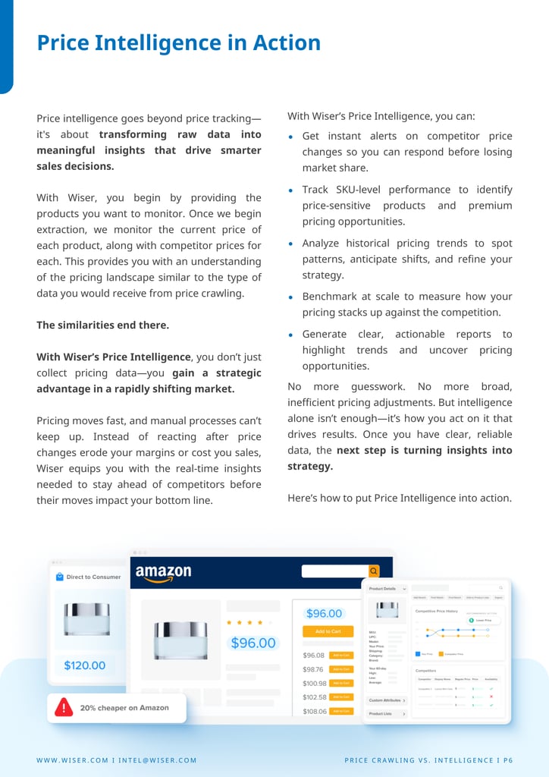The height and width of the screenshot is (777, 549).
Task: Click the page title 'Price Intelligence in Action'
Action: pos(179,43)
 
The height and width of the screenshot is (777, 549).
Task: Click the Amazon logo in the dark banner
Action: pos(163,574)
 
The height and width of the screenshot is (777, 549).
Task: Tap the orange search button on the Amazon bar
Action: pos(374,571)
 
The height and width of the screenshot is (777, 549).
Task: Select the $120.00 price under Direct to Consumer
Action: pos(84,665)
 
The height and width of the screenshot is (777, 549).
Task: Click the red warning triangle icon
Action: pos(64,708)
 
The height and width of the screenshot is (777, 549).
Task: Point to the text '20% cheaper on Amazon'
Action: pos(124,708)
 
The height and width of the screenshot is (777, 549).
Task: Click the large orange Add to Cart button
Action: pos(328,631)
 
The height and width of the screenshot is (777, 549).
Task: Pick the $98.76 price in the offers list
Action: pos(313,669)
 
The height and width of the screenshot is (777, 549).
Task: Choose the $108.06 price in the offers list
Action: pos(314,712)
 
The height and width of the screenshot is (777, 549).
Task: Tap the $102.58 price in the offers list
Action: pos(314,697)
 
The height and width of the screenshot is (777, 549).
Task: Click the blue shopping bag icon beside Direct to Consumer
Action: pos(59,577)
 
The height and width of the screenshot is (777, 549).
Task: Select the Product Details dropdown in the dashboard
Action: pos(387,588)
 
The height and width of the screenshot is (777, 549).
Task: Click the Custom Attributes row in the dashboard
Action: pos(387,700)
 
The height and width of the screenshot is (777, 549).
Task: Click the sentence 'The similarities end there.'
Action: pos(102,325)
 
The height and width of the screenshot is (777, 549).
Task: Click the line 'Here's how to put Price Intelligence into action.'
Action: pos(400,498)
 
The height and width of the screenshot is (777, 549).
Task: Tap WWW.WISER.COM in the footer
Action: pos(74,760)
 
